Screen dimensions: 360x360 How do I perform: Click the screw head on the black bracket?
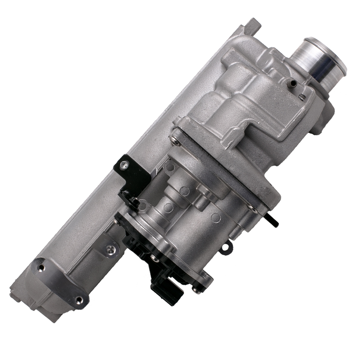pos(125,165)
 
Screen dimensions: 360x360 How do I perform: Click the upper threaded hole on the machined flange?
pos(41,267)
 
